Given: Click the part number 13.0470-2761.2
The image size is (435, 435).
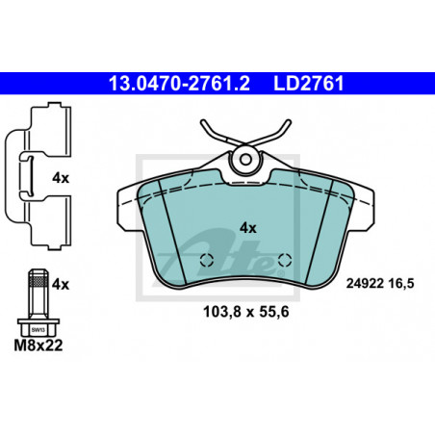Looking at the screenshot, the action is click(x=179, y=84).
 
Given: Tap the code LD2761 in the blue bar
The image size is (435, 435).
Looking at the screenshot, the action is click(x=309, y=84).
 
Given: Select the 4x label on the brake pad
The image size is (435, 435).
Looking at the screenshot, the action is click(x=248, y=228).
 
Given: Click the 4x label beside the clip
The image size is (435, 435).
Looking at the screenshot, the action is click(x=61, y=178).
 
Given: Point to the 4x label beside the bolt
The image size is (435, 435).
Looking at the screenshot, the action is click(x=61, y=284).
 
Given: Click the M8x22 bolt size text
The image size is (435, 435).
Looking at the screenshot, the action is click(x=38, y=345).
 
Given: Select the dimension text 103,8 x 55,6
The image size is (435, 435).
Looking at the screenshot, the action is click(x=246, y=312).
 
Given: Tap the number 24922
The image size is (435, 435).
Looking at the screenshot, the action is click(x=365, y=284).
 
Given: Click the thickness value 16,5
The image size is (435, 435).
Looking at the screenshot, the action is click(x=401, y=284).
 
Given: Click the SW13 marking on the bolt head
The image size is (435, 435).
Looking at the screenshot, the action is click(x=38, y=329).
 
